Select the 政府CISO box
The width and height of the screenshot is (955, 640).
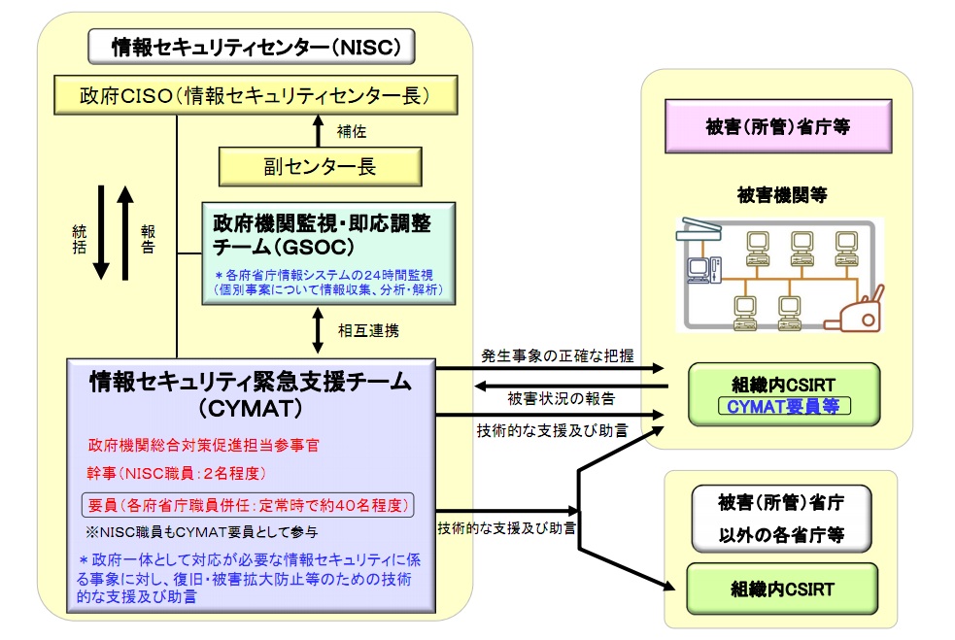[255, 96]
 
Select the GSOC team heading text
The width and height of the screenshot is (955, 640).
[322, 234]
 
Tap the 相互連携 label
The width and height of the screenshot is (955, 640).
[366, 329]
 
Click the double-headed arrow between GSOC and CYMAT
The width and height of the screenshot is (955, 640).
[319, 329]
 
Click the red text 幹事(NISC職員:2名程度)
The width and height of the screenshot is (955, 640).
[175, 476]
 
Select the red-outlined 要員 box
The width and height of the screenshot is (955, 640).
[248, 506]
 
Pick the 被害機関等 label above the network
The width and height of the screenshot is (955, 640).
[781, 195]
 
